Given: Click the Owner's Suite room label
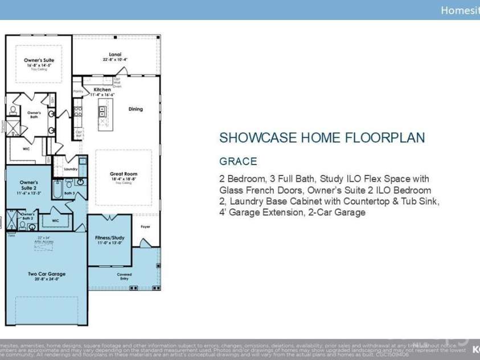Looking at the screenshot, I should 39,60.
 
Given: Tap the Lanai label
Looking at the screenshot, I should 116,54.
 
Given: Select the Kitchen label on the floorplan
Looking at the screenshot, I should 102,89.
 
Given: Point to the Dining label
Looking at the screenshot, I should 136,109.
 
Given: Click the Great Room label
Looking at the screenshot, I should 124,174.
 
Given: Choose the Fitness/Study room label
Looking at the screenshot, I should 110,238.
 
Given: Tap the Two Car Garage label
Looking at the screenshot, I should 47,274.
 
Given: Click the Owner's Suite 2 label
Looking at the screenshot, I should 28,185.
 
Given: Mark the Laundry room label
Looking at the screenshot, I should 71,169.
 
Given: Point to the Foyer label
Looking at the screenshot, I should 145,227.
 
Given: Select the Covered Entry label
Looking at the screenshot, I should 124,276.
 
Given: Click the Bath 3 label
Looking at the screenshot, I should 69,194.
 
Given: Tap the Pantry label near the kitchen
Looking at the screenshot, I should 78,91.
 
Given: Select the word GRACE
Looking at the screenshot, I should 238,161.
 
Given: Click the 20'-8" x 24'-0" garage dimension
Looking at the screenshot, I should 47,280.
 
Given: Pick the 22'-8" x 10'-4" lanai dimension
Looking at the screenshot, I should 116,59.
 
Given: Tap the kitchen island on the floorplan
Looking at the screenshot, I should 104,114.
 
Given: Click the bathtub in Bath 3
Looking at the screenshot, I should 58,188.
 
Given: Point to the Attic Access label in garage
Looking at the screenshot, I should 44,242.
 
